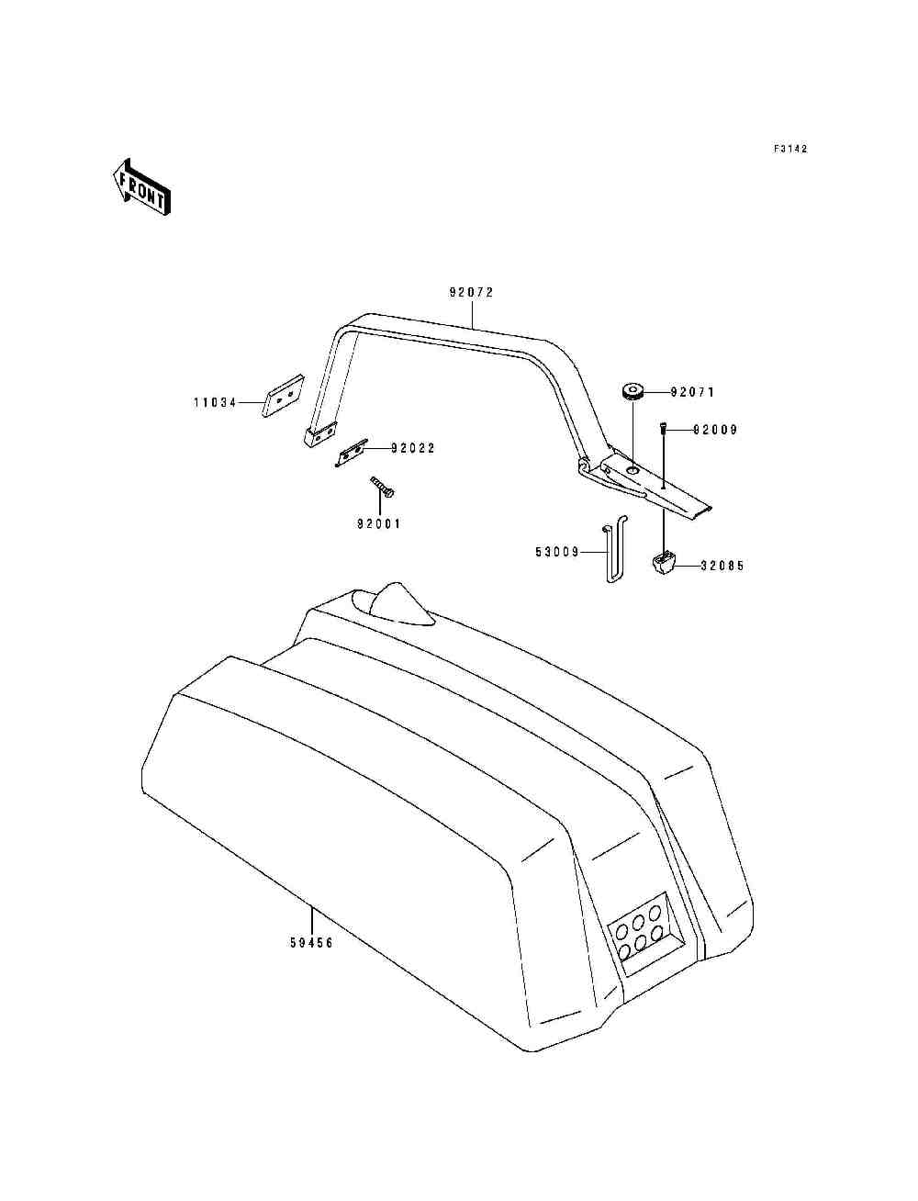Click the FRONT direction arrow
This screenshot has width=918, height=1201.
(x=141, y=187)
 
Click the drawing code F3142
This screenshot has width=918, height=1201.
(x=790, y=149)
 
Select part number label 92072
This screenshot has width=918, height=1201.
(x=471, y=293)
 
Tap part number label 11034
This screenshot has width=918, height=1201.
(x=215, y=403)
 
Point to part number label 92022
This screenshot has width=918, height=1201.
(x=413, y=448)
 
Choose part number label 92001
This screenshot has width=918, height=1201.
(x=378, y=523)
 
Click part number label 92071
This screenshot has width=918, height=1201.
(x=692, y=392)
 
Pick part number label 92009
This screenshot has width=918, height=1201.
(x=715, y=430)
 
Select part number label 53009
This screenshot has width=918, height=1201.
(x=557, y=552)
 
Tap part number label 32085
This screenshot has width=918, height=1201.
(x=722, y=566)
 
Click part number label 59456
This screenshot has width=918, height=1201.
(x=311, y=943)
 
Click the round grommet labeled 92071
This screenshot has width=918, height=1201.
(x=633, y=392)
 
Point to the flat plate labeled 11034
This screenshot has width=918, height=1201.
(x=283, y=396)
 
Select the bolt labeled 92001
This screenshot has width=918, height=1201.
(x=383, y=487)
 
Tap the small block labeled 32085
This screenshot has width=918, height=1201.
(x=664, y=563)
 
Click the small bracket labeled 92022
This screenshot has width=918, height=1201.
(x=352, y=453)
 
